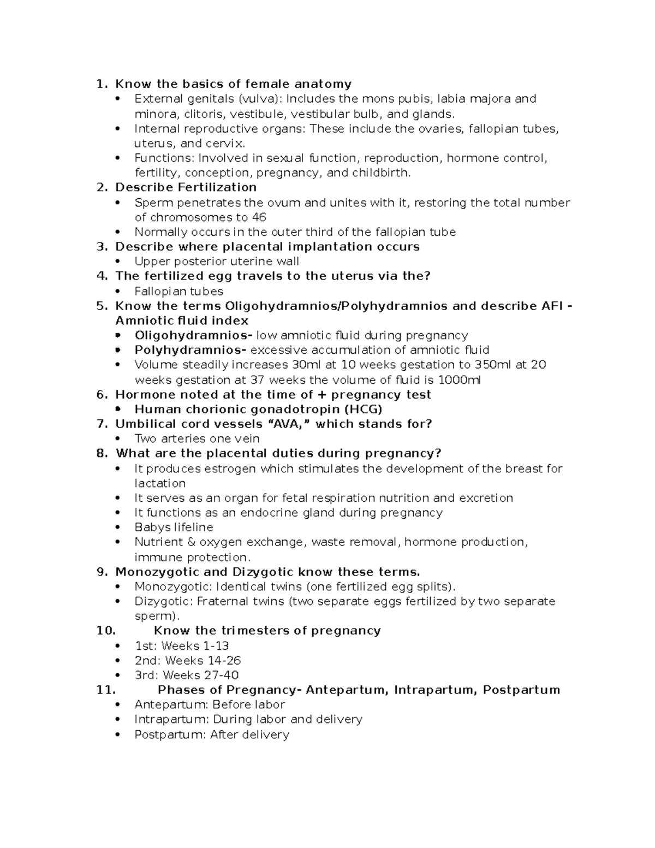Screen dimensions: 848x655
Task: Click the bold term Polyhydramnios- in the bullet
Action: point(190,350)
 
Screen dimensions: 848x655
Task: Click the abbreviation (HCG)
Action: point(363,410)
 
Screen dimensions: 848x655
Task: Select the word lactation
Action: point(160,483)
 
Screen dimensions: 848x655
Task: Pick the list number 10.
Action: point(106,631)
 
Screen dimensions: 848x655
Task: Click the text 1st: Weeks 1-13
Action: point(181,646)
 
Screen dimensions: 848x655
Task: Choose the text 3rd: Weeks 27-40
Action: point(186,675)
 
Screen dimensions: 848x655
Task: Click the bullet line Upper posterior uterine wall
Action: point(217,262)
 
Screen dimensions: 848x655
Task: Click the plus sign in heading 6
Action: point(322,395)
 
